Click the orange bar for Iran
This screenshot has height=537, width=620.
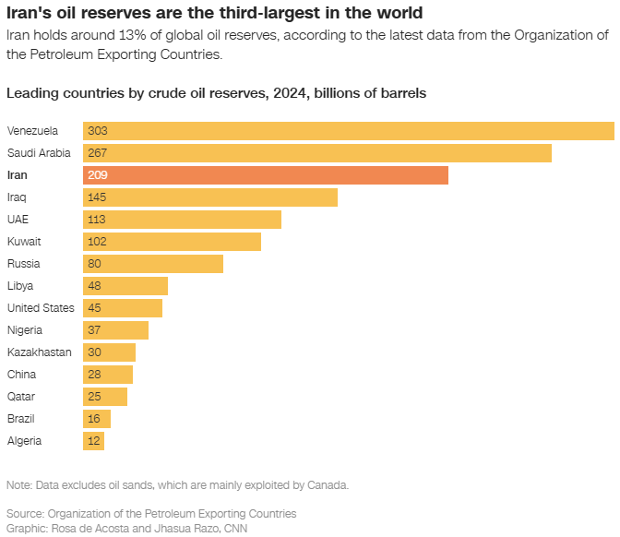point(266,175)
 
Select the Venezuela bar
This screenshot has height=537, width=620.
point(349,131)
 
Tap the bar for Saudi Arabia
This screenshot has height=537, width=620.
point(317,153)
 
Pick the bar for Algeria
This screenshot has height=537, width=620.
point(94,441)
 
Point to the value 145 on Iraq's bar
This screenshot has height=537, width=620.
point(97,197)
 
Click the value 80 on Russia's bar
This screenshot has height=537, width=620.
point(94,264)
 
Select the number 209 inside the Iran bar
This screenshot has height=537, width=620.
point(98,175)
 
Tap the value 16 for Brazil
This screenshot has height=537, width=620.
point(94,419)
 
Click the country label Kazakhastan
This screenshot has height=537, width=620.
point(40,352)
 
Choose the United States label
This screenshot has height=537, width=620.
point(41,308)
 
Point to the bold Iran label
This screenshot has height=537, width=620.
point(18,175)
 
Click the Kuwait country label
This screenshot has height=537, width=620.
point(24,242)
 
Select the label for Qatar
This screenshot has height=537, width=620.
point(21,397)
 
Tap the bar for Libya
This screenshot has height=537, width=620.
point(125,286)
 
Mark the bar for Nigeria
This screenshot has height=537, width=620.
point(116,330)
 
